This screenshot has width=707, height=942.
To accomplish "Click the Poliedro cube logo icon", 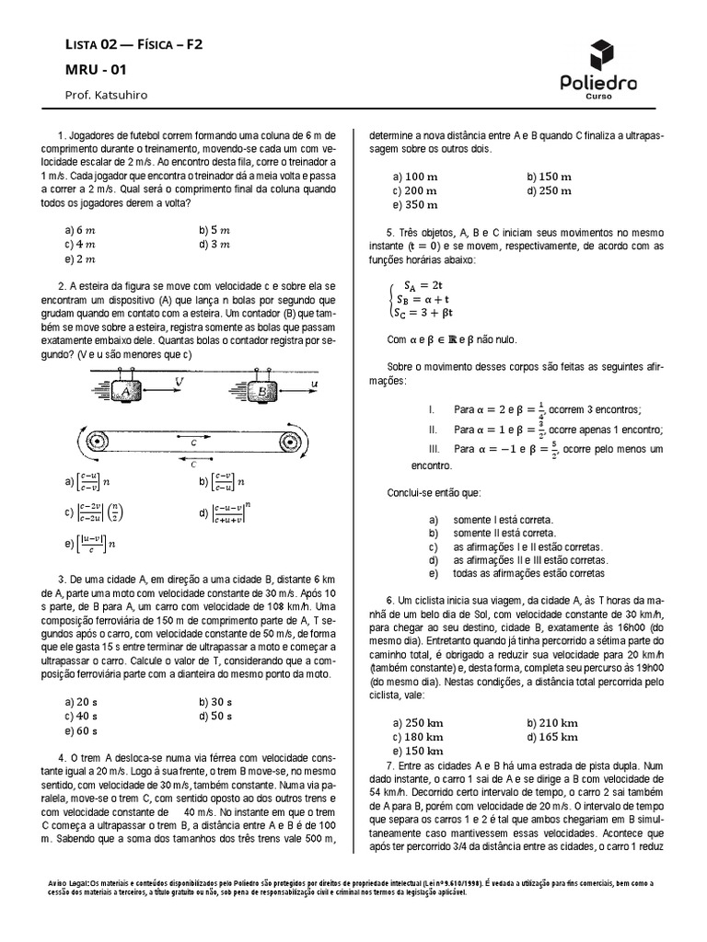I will pyautogui.click(x=598, y=56).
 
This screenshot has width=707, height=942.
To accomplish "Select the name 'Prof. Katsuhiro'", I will pyautogui.click(x=106, y=95).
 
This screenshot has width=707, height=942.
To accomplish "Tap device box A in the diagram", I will pyautogui.click(x=123, y=391).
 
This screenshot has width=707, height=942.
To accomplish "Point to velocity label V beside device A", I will pyautogui.click(x=178, y=379).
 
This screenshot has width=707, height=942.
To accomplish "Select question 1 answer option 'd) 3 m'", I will pyautogui.click(x=214, y=245).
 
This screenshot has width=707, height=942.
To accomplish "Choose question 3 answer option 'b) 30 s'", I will pyautogui.click(x=215, y=701).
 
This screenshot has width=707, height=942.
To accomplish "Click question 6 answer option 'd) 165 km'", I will pyautogui.click(x=552, y=737).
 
